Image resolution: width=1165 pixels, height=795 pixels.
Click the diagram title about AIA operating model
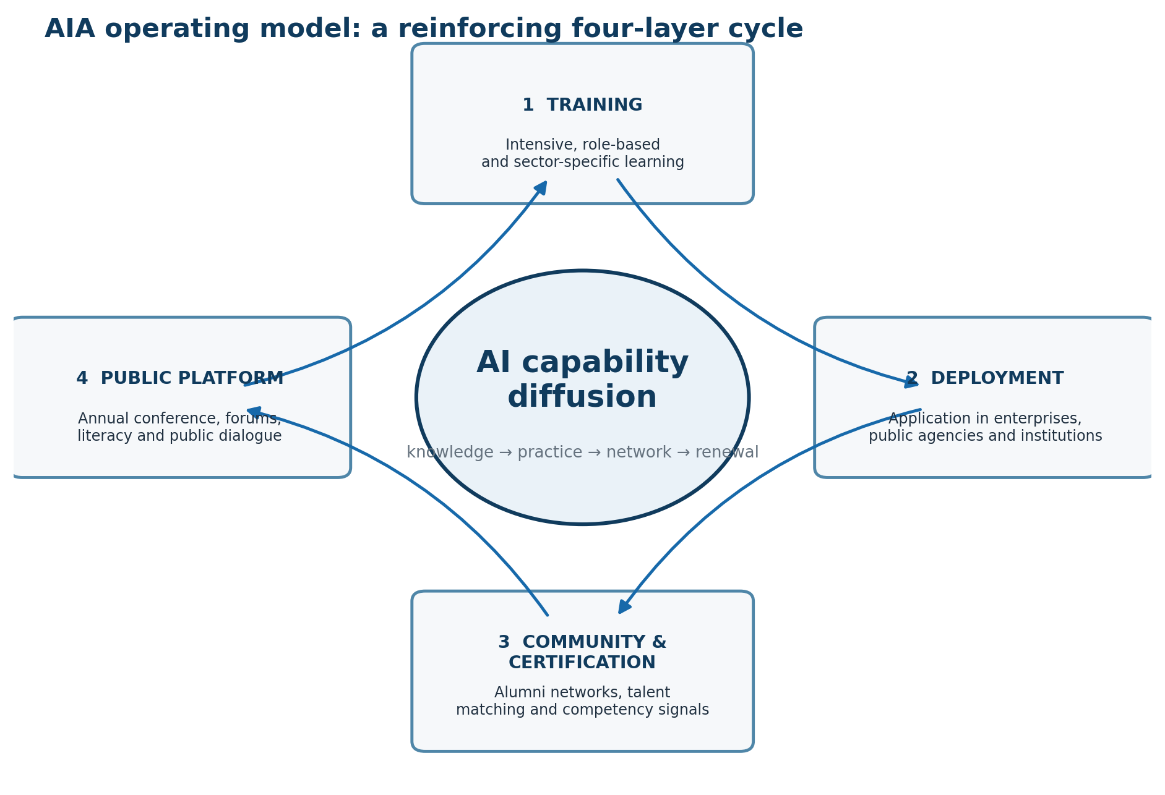[424, 29]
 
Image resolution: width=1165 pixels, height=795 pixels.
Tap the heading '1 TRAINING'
[582, 105]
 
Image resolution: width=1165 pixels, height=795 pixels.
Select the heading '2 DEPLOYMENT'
[985, 378]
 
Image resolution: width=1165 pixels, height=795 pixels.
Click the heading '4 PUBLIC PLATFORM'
[179, 378]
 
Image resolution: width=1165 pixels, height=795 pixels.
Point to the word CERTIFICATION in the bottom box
[582, 663]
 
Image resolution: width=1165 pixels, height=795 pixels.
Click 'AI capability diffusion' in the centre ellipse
[582, 380]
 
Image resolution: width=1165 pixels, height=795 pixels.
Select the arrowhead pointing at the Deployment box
[911, 383]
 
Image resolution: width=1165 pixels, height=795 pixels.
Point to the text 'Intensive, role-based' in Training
[582, 145]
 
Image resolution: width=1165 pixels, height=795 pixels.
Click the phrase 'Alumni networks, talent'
[582, 692]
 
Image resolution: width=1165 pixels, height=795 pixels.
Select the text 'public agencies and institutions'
[985, 436]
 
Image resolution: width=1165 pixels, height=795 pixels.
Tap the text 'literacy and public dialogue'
[179, 436]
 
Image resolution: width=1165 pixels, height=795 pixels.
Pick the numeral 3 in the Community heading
[504, 642]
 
